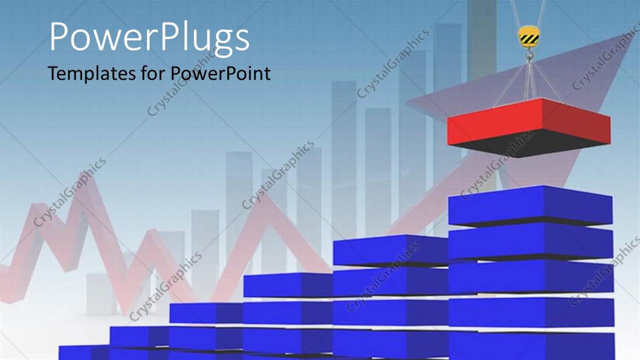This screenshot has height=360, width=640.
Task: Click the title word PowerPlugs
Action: click(149, 37)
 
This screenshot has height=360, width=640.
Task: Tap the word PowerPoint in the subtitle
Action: click(220, 73)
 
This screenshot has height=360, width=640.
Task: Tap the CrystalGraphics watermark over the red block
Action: click(496, 166)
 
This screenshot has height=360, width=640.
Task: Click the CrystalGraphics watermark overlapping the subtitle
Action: click(179, 85)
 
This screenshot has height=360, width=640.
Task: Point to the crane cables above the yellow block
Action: click(528, 13)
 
